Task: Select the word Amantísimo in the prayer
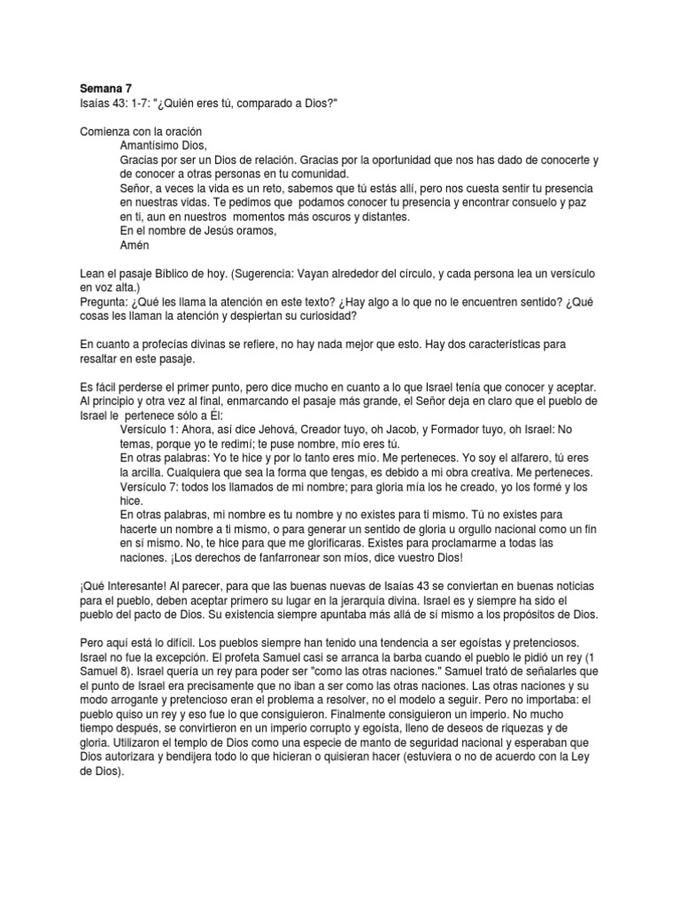[151, 145]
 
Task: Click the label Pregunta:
[105, 302]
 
